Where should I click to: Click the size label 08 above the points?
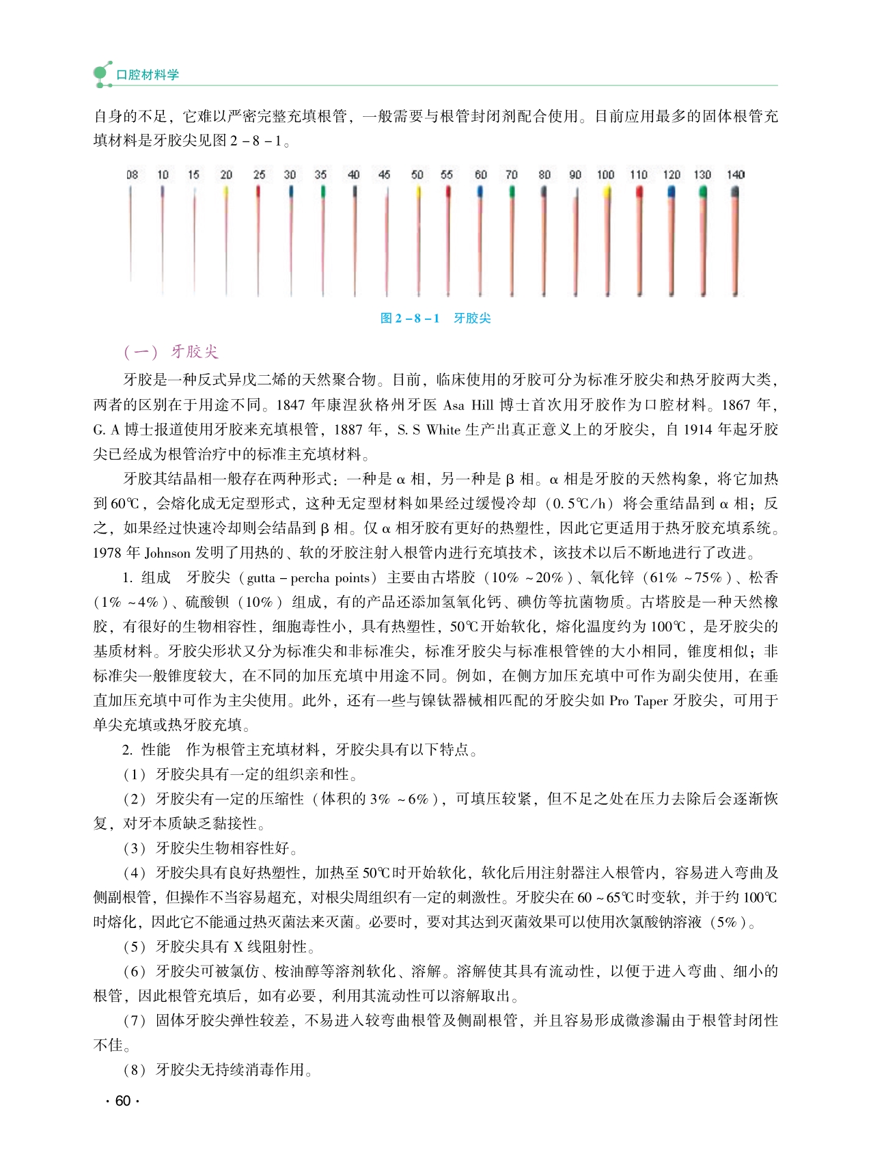tap(132, 175)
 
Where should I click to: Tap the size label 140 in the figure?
tap(735, 175)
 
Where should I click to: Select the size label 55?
tap(447, 175)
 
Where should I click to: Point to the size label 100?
tap(605, 175)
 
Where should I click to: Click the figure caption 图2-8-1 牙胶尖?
tap(435, 318)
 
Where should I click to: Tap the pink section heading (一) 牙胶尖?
tap(171, 352)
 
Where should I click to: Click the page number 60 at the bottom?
tap(123, 1101)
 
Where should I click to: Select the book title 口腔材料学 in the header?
tap(148, 75)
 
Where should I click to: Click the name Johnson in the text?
tap(167, 553)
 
